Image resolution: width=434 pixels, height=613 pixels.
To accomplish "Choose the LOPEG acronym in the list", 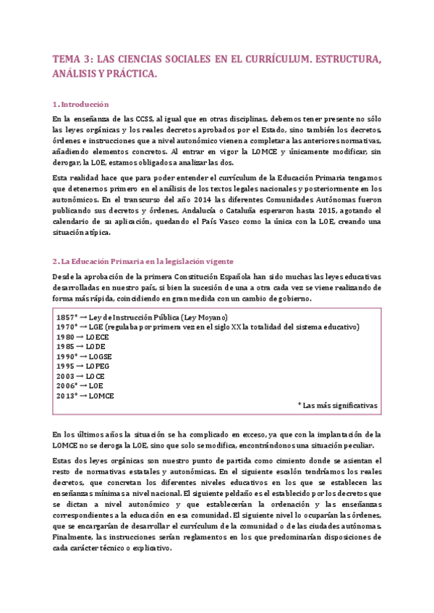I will click(x=98, y=366).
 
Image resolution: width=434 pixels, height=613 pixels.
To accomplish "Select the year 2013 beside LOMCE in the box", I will click(x=65, y=396).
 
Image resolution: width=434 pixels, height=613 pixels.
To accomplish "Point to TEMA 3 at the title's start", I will click(x=75, y=59).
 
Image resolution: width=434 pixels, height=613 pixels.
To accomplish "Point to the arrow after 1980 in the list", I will click(x=80, y=337).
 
